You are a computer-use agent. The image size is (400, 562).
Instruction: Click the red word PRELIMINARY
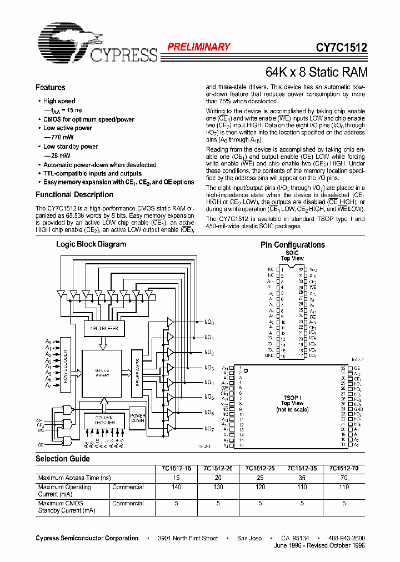pos(199,47)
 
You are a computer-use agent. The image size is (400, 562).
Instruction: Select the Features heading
pos(51,87)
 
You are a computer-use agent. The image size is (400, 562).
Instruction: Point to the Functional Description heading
pos(74,194)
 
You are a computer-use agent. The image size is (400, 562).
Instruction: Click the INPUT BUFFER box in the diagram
pos(101,329)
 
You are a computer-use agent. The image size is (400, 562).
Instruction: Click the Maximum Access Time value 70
pos(344,478)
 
